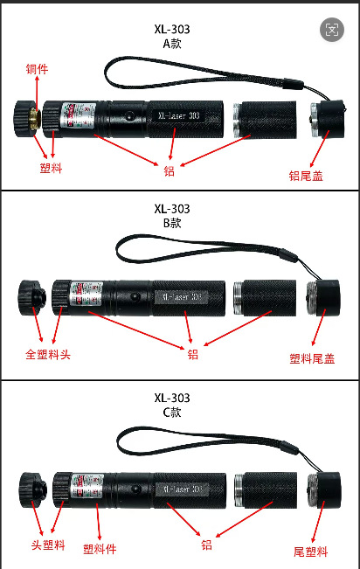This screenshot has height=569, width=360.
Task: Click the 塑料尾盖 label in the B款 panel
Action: click(x=312, y=357)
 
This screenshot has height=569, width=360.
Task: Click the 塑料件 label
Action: click(x=100, y=549)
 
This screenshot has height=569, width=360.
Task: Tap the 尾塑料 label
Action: click(x=310, y=552)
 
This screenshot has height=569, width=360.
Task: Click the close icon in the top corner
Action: click(x=333, y=31)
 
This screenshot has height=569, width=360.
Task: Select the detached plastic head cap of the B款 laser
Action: click(x=33, y=297)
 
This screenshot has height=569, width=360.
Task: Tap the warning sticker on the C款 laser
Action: click(x=81, y=484)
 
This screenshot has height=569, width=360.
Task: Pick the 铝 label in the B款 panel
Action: click(x=192, y=354)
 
